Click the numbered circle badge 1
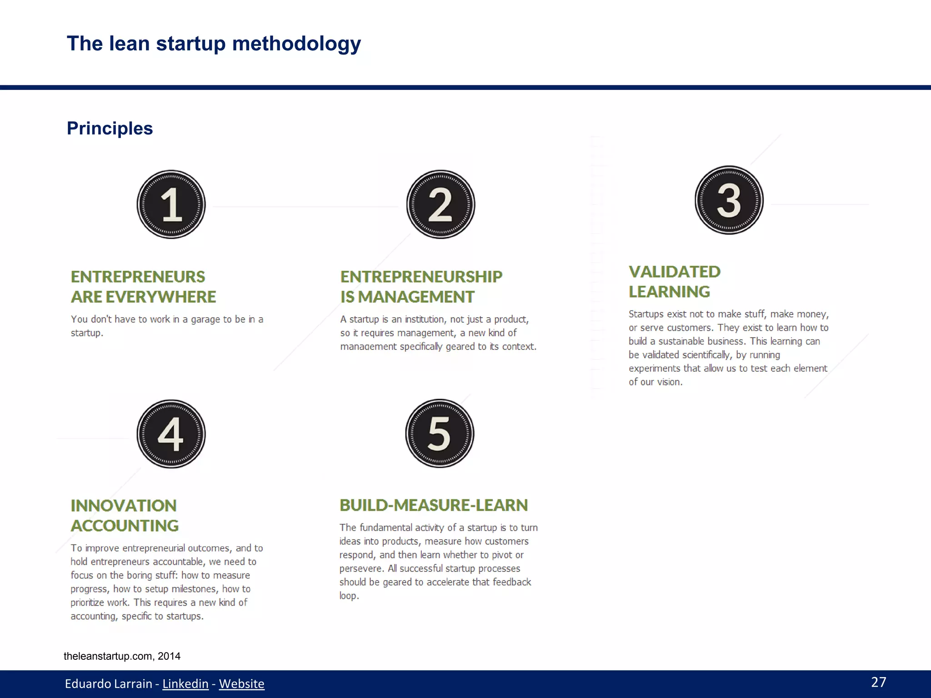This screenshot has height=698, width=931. (171, 204)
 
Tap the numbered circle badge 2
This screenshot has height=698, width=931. (440, 204)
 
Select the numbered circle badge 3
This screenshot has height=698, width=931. (729, 200)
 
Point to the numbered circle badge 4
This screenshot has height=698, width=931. (171, 434)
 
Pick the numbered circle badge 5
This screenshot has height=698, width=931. (440, 434)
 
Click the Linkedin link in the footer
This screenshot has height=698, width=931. (185, 683)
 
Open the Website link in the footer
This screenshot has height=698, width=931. (241, 683)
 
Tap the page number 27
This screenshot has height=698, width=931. (878, 682)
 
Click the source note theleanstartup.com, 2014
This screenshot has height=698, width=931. (122, 656)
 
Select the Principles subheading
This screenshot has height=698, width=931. (110, 128)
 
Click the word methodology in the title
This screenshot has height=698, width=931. (296, 44)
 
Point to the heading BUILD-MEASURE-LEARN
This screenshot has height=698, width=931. (434, 505)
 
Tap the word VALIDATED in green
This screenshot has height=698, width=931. (675, 272)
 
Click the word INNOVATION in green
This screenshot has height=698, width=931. (124, 505)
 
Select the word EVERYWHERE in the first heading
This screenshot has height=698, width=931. (161, 297)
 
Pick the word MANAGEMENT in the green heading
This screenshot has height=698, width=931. (416, 297)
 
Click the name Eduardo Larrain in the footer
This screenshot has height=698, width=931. (108, 683)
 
